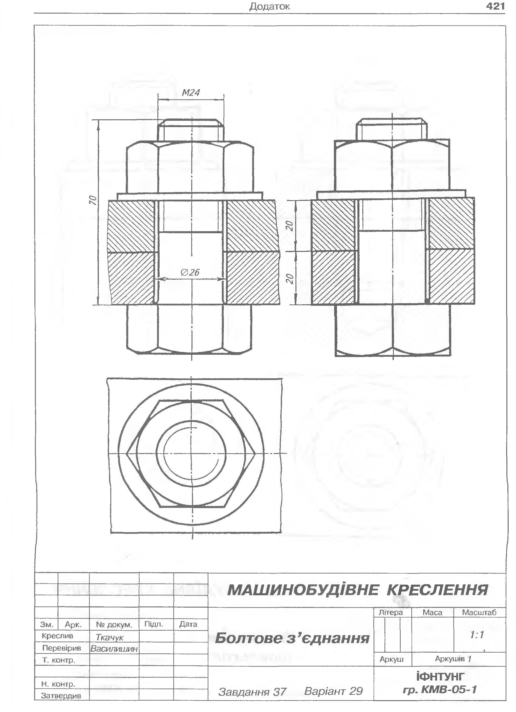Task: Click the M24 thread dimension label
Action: (191, 93)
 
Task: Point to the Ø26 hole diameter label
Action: (190, 272)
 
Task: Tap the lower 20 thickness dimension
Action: (290, 278)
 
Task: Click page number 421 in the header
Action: (495, 6)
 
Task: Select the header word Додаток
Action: (269, 7)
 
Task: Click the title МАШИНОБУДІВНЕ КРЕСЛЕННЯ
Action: (357, 590)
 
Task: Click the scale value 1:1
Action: (477, 635)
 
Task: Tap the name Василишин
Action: (114, 649)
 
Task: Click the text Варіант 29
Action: (333, 691)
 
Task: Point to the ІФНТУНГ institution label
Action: (440, 677)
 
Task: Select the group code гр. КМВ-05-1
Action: (440, 690)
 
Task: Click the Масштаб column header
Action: (479, 612)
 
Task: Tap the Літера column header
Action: (391, 612)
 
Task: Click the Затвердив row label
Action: (61, 696)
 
